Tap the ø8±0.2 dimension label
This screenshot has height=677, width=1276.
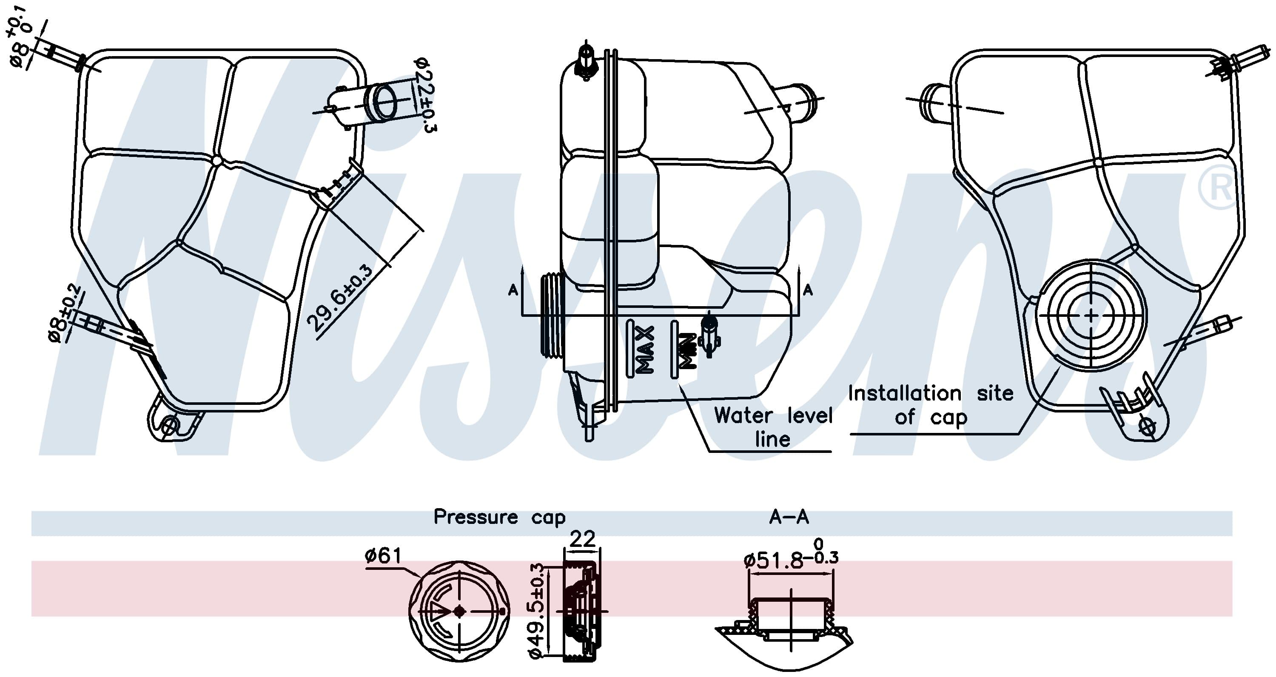[64, 313]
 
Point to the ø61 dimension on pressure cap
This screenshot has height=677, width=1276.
[383, 556]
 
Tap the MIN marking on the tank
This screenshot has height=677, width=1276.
[687, 350]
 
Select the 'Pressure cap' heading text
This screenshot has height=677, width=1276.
[499, 517]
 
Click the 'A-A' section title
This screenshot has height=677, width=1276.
[789, 517]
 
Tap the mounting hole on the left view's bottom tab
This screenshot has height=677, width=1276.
[169, 425]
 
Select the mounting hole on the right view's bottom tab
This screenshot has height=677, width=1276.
[1147, 427]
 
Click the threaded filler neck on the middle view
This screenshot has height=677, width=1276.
[553, 315]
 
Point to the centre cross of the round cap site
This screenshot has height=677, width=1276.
[1091, 315]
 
